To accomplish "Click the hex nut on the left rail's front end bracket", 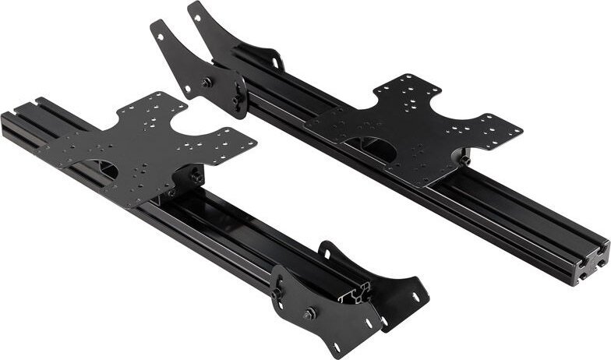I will [x=310, y=313].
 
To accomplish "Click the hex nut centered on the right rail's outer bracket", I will [x=207, y=83].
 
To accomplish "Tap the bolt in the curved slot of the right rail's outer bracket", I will [x=235, y=100].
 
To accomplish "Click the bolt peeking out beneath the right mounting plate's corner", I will [x=465, y=160].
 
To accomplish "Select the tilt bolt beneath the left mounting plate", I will [x=197, y=178].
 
